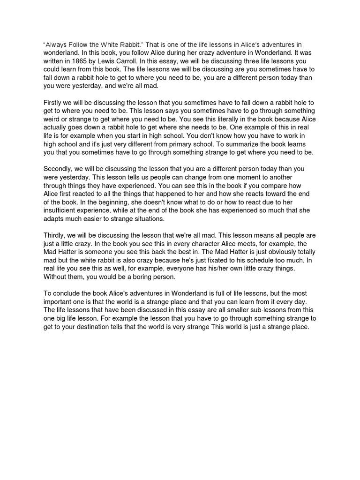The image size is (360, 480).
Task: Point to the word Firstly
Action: [x=54, y=102]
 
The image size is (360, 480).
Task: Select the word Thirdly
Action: [x=56, y=235]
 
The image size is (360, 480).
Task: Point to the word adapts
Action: [x=54, y=219]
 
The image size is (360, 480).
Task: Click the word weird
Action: [x=52, y=119]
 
